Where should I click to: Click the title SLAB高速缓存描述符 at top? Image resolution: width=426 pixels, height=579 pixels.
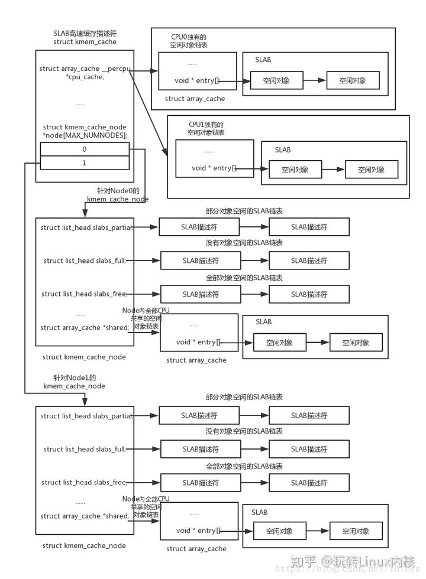85,32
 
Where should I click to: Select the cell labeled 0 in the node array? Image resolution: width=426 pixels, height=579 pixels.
85,150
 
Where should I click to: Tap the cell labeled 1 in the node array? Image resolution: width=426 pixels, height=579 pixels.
85,162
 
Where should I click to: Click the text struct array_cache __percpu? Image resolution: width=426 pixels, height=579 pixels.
85,69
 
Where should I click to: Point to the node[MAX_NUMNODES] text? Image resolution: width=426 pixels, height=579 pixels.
85,135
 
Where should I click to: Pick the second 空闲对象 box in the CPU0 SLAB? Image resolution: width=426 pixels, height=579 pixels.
353,80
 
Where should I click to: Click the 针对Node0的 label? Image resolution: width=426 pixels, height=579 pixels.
118,191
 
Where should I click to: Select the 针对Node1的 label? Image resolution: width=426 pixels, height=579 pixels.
74,377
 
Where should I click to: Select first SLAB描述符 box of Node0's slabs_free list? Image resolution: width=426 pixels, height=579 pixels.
201,294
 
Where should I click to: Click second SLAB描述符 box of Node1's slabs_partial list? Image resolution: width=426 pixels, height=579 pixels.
309,415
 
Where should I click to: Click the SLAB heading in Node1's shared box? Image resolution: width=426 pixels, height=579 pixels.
259,512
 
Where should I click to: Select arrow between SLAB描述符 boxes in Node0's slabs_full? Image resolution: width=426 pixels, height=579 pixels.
255,261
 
